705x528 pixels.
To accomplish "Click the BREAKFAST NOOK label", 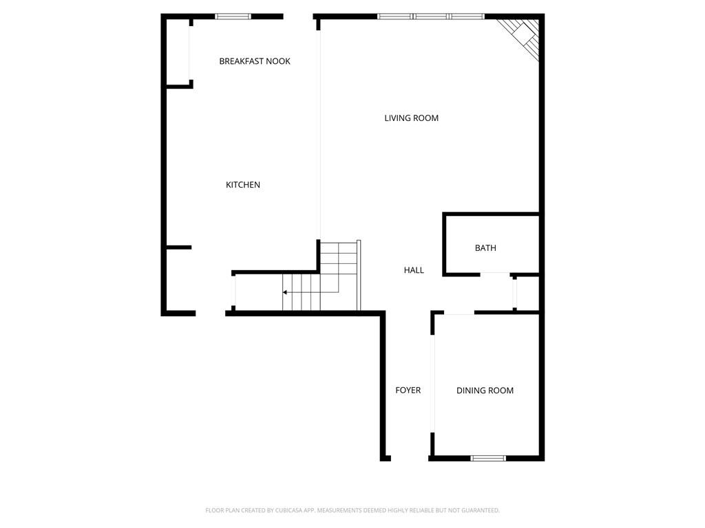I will point(255,61).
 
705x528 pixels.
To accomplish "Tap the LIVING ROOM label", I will point(411,118).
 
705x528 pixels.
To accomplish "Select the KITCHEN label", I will point(243,185).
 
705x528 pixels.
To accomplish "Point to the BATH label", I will point(485,248).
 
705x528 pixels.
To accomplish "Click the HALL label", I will point(414,270).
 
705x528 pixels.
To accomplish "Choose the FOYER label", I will point(408,390).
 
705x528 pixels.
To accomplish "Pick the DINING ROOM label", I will point(485,390).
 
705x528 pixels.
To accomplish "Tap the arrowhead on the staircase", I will point(285,292).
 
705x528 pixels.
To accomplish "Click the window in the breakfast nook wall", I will point(233,16).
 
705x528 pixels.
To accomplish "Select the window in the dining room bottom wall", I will point(488,458).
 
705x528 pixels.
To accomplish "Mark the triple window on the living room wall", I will point(431,16).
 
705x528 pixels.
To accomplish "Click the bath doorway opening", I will point(495,275).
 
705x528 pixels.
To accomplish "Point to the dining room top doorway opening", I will point(459,313).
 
